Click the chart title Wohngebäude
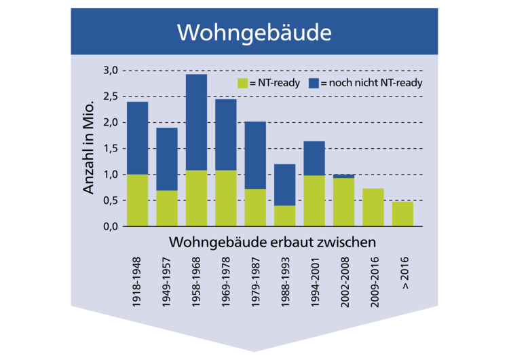click(254, 32)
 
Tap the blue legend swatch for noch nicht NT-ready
click(314, 84)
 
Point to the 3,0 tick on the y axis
click(111, 71)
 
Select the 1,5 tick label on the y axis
click(111, 149)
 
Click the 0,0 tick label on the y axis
click(111, 226)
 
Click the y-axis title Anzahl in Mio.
click(90, 149)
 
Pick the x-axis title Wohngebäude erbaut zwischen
click(272, 242)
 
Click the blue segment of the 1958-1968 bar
click(197, 122)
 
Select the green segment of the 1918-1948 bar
click(138, 200)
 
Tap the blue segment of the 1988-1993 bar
click(285, 185)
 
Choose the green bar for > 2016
click(402, 214)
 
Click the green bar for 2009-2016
click(373, 207)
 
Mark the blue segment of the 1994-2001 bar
click(314, 158)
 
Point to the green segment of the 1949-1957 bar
click(167, 209)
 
